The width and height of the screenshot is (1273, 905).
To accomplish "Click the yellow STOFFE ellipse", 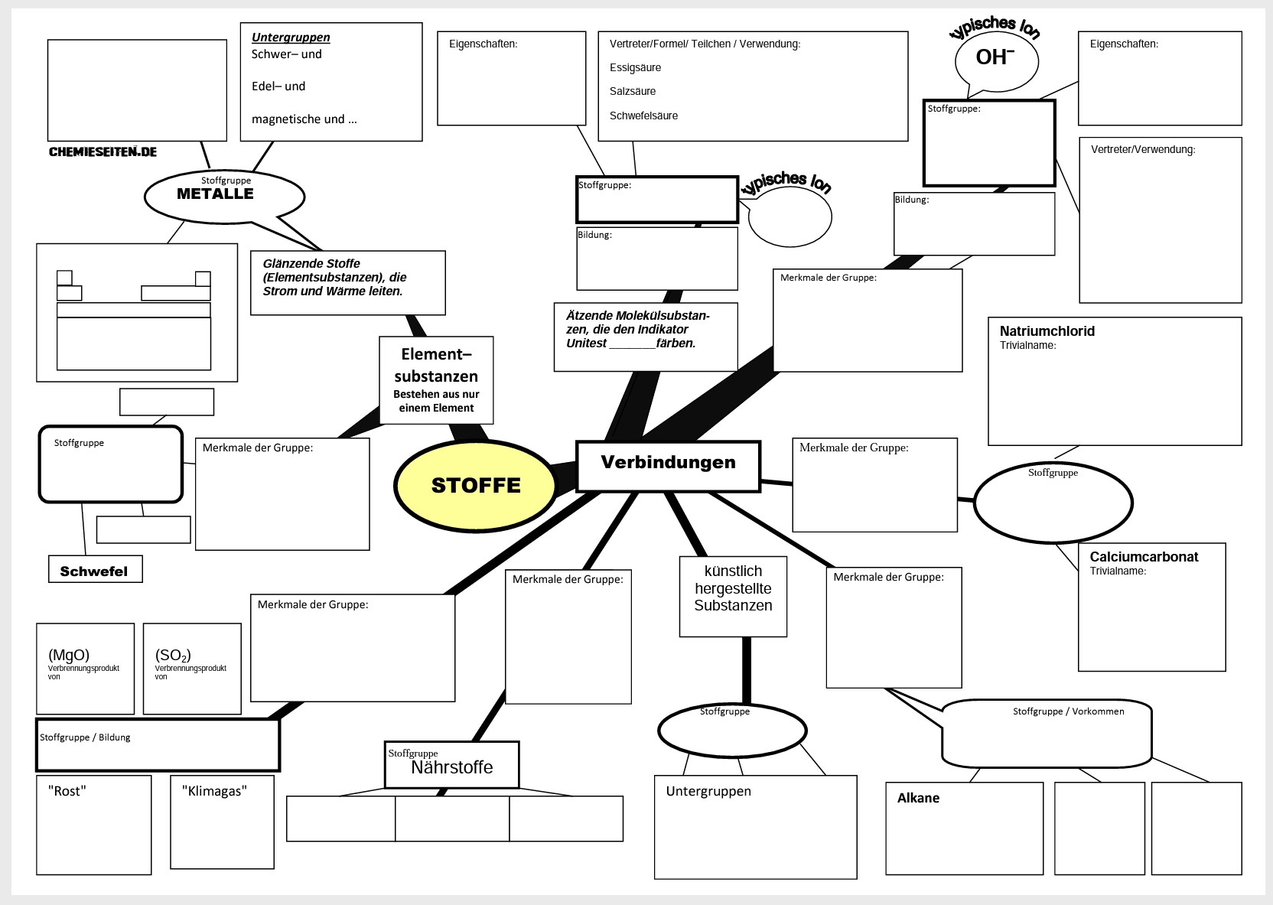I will pos(475,486).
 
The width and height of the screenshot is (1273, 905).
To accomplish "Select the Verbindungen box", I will pos(668,465).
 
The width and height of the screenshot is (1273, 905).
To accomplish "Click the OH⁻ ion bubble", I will pos(995,59).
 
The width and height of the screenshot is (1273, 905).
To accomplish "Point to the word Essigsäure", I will pos(635,67).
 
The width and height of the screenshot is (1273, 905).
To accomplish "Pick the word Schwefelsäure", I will pos(643,116).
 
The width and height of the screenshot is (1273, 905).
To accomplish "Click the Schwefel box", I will pos(94,571).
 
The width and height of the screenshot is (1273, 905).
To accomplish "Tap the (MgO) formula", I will pos(69,655).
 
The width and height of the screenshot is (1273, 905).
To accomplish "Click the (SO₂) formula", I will pos(173,655).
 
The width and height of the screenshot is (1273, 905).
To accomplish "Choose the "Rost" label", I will pos(67,791).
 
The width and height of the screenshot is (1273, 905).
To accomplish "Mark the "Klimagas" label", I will pos(214,791).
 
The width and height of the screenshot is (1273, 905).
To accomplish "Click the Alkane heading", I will pos(918,798).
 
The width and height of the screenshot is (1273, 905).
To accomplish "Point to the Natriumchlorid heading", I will pos(1047,331).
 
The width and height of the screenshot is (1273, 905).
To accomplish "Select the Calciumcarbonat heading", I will pos(1144,557).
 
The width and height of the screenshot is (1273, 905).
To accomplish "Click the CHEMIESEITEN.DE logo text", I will pos(103,151).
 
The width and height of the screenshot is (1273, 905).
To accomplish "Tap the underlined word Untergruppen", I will pos(291,37).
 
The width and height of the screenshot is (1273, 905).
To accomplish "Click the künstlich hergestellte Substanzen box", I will pos(733,589).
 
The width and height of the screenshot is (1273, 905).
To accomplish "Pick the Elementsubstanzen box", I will pos(436,379).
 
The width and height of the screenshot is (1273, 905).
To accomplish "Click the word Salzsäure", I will pos(633,91).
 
